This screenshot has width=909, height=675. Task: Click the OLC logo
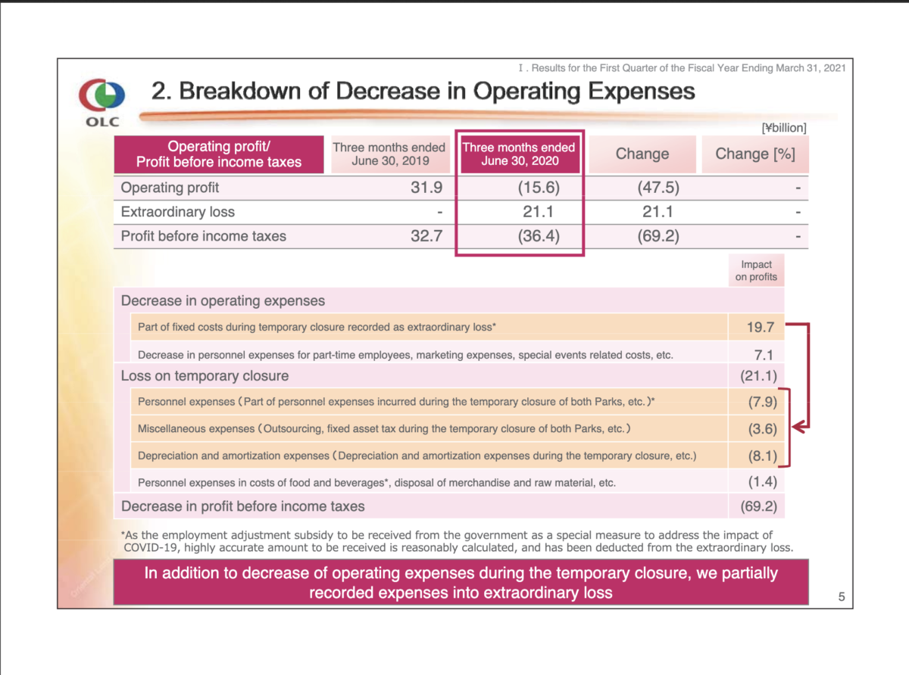[x=102, y=102]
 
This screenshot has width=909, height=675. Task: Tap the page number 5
[x=842, y=596]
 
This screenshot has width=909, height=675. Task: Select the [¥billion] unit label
[x=784, y=128]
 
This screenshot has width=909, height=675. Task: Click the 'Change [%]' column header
[x=755, y=154]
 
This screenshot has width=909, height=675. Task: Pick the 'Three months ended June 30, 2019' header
[x=389, y=154]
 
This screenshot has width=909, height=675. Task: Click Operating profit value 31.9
[x=426, y=188]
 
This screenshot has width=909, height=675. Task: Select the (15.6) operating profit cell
[x=539, y=188]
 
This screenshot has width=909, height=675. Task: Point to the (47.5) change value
[x=658, y=188]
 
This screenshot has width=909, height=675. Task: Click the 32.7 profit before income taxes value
[x=426, y=236]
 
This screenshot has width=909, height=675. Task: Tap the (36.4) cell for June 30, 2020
[x=539, y=236]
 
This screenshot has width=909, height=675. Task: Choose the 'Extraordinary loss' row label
[x=177, y=212]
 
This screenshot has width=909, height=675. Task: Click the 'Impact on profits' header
[x=756, y=271]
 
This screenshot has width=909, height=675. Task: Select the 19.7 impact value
[x=761, y=327]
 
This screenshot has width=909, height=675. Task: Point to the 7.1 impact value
[x=764, y=355]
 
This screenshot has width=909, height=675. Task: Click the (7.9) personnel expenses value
[x=762, y=402]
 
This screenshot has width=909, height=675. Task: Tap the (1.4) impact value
[x=762, y=482]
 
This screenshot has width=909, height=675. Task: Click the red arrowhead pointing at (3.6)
[x=798, y=428]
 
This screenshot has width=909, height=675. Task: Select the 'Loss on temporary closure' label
[x=205, y=375]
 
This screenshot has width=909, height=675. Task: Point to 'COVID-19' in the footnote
[x=150, y=548]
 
